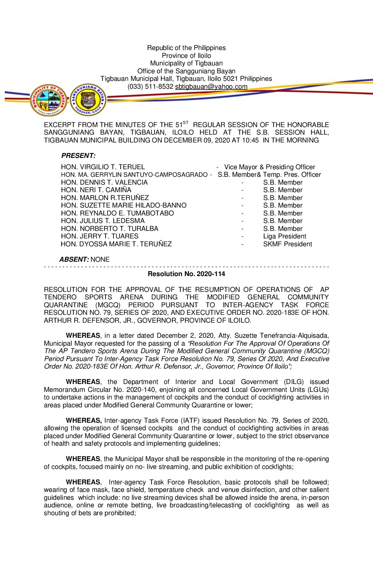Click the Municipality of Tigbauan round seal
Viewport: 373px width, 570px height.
pyautogui.click(x=48, y=100)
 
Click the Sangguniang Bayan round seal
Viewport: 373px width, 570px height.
pyautogui.click(x=88, y=100)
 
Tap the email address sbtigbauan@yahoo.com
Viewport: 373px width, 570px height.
pyautogui.click(x=211, y=87)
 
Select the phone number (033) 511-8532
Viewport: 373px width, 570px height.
pyautogui.click(x=151, y=87)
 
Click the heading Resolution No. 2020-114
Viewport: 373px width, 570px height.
pyautogui.click(x=186, y=274)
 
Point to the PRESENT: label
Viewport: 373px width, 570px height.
pyautogui.click(x=78, y=156)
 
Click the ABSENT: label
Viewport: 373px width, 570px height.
pyautogui.click(x=74, y=260)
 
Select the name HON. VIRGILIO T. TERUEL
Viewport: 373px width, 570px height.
pyautogui.click(x=103, y=167)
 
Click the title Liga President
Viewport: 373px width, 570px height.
pyautogui.click(x=285, y=236)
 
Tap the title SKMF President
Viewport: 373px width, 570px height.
pyautogui.click(x=288, y=244)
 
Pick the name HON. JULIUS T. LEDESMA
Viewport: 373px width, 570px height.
pyautogui.click(x=103, y=221)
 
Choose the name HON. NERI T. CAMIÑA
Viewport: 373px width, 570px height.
pyautogui.click(x=96, y=190)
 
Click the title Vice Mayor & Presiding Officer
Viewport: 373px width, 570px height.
pyautogui.click(x=269, y=167)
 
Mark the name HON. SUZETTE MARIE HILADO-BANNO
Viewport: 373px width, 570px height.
pyautogui.click(x=124, y=206)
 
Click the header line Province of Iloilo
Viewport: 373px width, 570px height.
pyautogui.click(x=186, y=56)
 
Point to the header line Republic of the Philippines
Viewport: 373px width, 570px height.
pyautogui.click(x=186, y=48)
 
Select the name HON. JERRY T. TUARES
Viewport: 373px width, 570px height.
pyautogui.click(x=100, y=236)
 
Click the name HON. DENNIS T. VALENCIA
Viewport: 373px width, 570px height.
pyautogui.click(x=104, y=183)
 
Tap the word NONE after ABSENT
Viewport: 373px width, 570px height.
pyautogui.click(x=100, y=260)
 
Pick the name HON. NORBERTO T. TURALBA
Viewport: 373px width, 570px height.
pyautogui.click(x=110, y=229)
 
